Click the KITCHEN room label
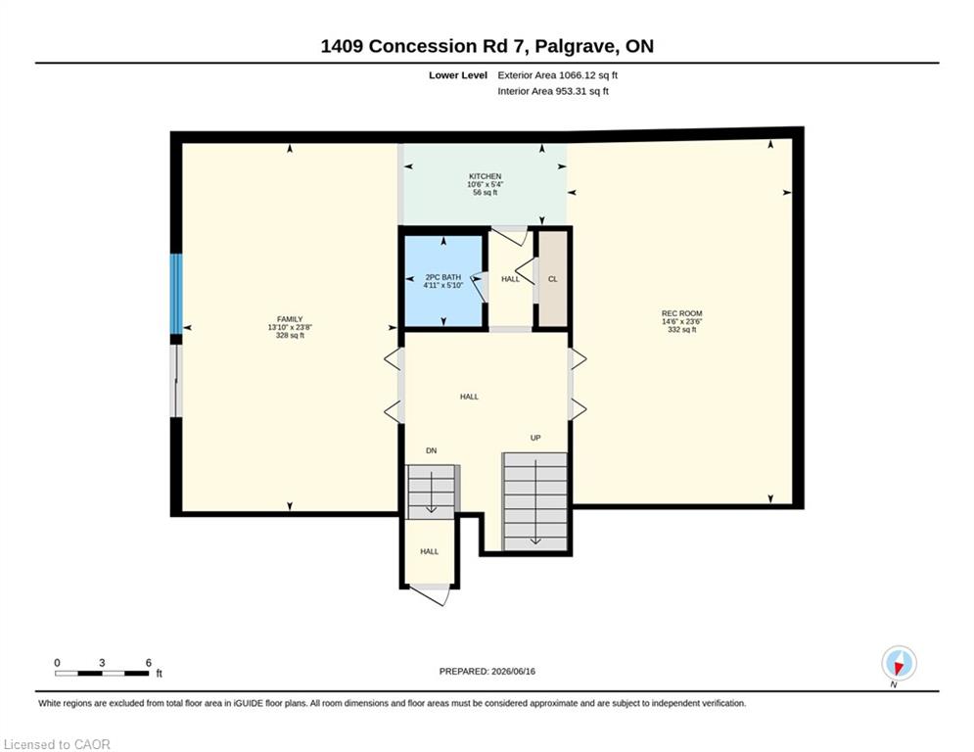pos(486,176)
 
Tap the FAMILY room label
pos(290,319)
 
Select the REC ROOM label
pos(681,314)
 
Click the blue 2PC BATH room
pos(443,281)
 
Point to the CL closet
pos(553,279)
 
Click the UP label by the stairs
pos(535,438)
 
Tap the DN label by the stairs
pos(431,450)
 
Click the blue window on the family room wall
pos(176,294)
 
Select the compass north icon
pos(899,663)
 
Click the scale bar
pos(102,673)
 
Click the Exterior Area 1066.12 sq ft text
pos(557,75)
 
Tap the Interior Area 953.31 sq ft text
pos(553,91)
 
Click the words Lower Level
pos(458,75)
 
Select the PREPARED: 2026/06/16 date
pos(487,671)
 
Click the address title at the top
pos(487,46)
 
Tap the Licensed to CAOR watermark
pos(57,744)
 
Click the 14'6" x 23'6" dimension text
pos(681,322)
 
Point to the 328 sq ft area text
pos(290,336)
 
